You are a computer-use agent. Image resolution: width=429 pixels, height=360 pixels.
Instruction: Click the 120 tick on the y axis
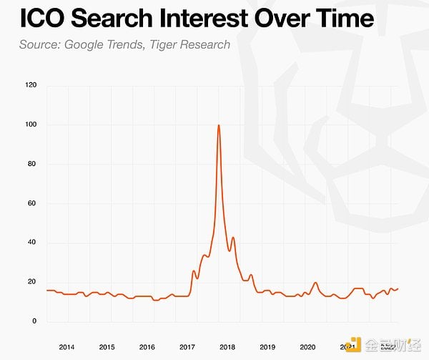click(30, 86)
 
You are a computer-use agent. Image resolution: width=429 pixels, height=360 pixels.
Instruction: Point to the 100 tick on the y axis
click(30, 125)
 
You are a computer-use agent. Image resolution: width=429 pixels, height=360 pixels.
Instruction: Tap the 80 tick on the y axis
click(31, 165)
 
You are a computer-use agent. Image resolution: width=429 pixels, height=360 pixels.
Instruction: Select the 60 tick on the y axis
click(31, 204)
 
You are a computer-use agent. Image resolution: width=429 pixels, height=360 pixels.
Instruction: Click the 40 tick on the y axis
click(31, 243)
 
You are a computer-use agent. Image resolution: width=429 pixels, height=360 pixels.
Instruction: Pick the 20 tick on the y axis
click(31, 282)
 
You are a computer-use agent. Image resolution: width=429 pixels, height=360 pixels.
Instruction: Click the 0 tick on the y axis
click(34, 321)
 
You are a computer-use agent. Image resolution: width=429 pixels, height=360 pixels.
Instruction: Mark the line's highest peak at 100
click(218, 126)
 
